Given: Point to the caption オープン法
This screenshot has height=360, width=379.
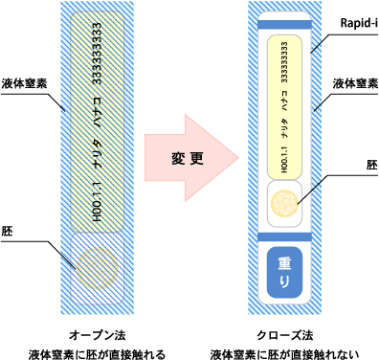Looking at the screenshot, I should click(x=94, y=335).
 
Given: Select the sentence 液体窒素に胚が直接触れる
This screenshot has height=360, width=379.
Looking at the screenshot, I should click(x=94, y=351).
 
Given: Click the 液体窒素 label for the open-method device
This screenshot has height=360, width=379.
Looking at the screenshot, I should click(x=20, y=84).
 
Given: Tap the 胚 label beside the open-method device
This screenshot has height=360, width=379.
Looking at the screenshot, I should click(x=8, y=230).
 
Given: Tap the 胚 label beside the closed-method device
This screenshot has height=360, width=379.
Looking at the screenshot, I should click(x=371, y=164).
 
